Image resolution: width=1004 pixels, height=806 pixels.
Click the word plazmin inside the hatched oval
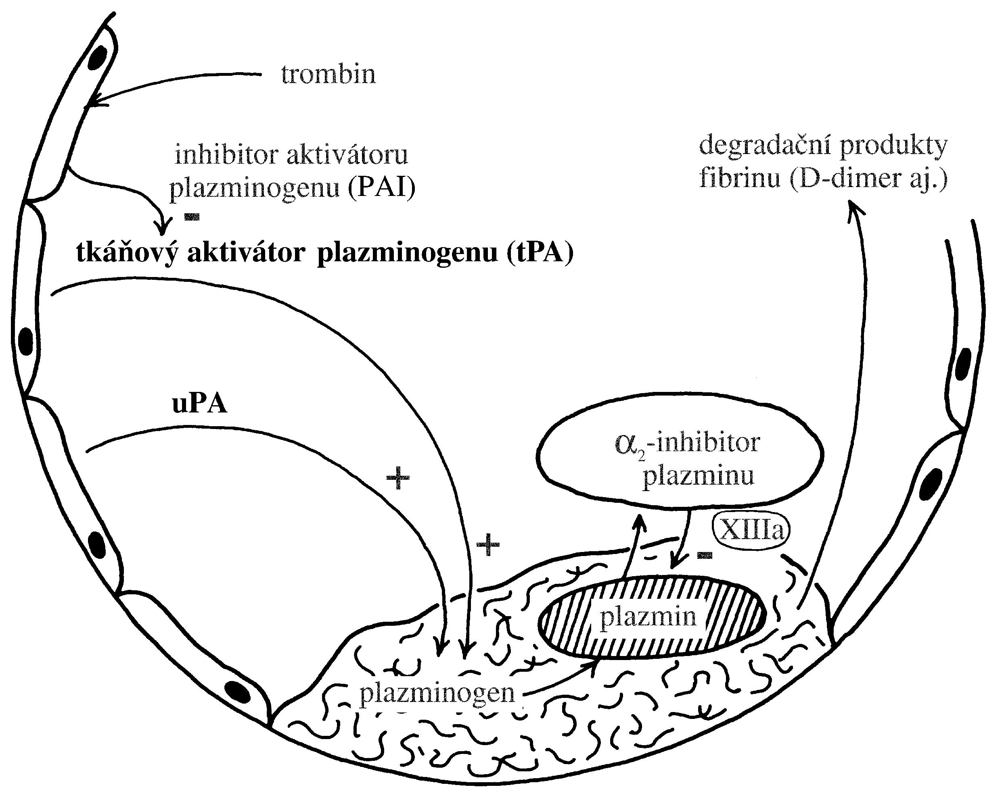point(648,616)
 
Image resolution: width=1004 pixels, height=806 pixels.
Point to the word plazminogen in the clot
point(437,693)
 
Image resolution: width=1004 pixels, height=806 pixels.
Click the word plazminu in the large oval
point(698,476)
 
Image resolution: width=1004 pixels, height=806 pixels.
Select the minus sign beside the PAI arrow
point(192,217)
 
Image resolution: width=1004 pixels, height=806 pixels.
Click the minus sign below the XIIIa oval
point(705,555)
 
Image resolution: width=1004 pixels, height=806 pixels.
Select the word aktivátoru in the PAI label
point(347,155)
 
